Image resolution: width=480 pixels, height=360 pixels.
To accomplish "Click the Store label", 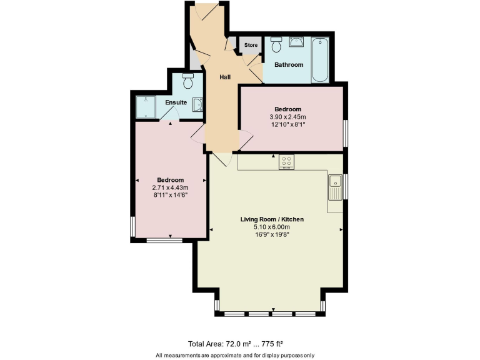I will point(251,45).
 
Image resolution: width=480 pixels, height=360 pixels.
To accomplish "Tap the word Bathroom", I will point(288,64).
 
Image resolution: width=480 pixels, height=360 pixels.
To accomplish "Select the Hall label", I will point(225,77).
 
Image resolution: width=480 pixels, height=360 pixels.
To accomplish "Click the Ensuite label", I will point(176,102).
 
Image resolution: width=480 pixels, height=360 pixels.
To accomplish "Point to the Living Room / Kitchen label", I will point(272,219).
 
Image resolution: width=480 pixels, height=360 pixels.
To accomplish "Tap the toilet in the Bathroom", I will point(276,44).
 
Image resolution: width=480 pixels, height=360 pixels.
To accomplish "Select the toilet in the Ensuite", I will point(187,81).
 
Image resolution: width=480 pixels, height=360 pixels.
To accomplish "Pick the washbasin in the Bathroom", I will point(298,42).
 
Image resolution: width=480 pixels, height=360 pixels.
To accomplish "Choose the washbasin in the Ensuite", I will point(197,106).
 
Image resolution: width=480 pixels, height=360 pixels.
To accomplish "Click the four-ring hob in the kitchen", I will point(287,161).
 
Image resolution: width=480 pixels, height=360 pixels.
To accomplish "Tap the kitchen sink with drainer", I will point(335,187).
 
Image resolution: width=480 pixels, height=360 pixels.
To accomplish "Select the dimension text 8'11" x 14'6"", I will point(170,195).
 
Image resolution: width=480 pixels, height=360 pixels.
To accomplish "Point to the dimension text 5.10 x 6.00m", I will point(272,227).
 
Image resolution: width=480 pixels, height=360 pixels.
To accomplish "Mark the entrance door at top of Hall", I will point(206,9).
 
